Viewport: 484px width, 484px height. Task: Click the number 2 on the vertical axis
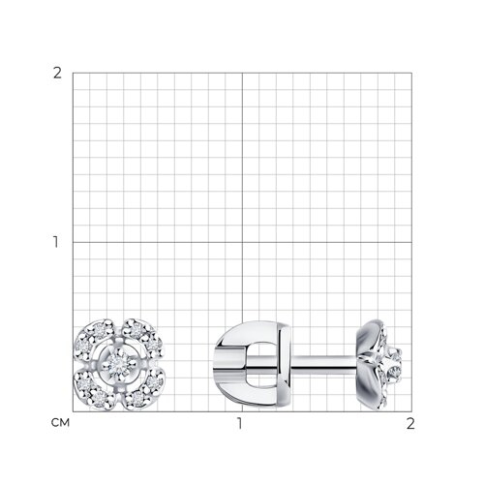click(x=57, y=74)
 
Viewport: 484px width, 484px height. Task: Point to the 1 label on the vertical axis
click(x=56, y=242)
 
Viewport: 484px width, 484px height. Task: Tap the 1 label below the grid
click(x=239, y=424)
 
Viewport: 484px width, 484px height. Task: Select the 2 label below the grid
click(x=410, y=424)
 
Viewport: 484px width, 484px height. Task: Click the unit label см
click(x=60, y=423)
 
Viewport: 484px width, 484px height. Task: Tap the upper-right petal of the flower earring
click(x=143, y=336)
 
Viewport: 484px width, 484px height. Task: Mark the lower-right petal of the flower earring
click(x=143, y=391)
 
